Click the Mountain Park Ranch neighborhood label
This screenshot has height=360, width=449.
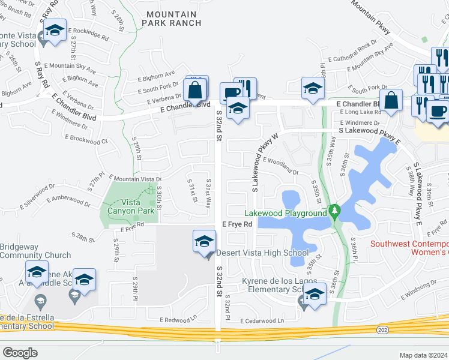[169, 19]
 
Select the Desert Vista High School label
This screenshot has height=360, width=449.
[262, 253]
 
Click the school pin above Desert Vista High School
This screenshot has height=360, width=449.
[204, 242]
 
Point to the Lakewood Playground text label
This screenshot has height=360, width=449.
[285, 213]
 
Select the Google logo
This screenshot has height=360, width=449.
[20, 353]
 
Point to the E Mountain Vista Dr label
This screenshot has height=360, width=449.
[134, 179]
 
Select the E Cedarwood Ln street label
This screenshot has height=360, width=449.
[262, 321]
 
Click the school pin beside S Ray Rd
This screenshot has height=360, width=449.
[54, 31]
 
